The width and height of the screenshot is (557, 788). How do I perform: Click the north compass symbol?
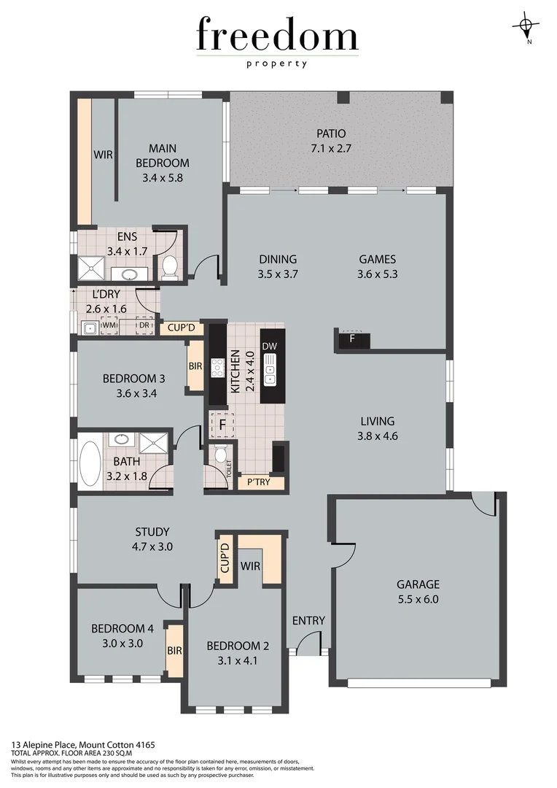526,26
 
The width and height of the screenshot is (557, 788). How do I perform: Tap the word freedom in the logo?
277,36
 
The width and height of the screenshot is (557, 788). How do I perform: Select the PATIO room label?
331,134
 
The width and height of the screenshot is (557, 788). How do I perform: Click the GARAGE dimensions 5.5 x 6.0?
418,600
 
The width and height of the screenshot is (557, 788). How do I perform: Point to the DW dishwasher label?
269,346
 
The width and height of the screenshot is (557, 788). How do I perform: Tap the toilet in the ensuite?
169,267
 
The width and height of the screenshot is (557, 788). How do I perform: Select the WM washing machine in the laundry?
109,326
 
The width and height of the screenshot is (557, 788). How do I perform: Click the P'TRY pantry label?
260,482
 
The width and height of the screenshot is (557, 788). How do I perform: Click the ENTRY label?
308,621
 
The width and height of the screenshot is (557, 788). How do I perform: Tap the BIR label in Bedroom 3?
195,366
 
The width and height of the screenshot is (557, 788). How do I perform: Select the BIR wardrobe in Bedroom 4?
174,649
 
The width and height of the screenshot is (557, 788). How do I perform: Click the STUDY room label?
152,531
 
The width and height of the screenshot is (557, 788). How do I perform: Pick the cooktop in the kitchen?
217,367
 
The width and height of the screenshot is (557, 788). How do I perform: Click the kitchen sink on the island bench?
269,369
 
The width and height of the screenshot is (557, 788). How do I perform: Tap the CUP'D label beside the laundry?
181,328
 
